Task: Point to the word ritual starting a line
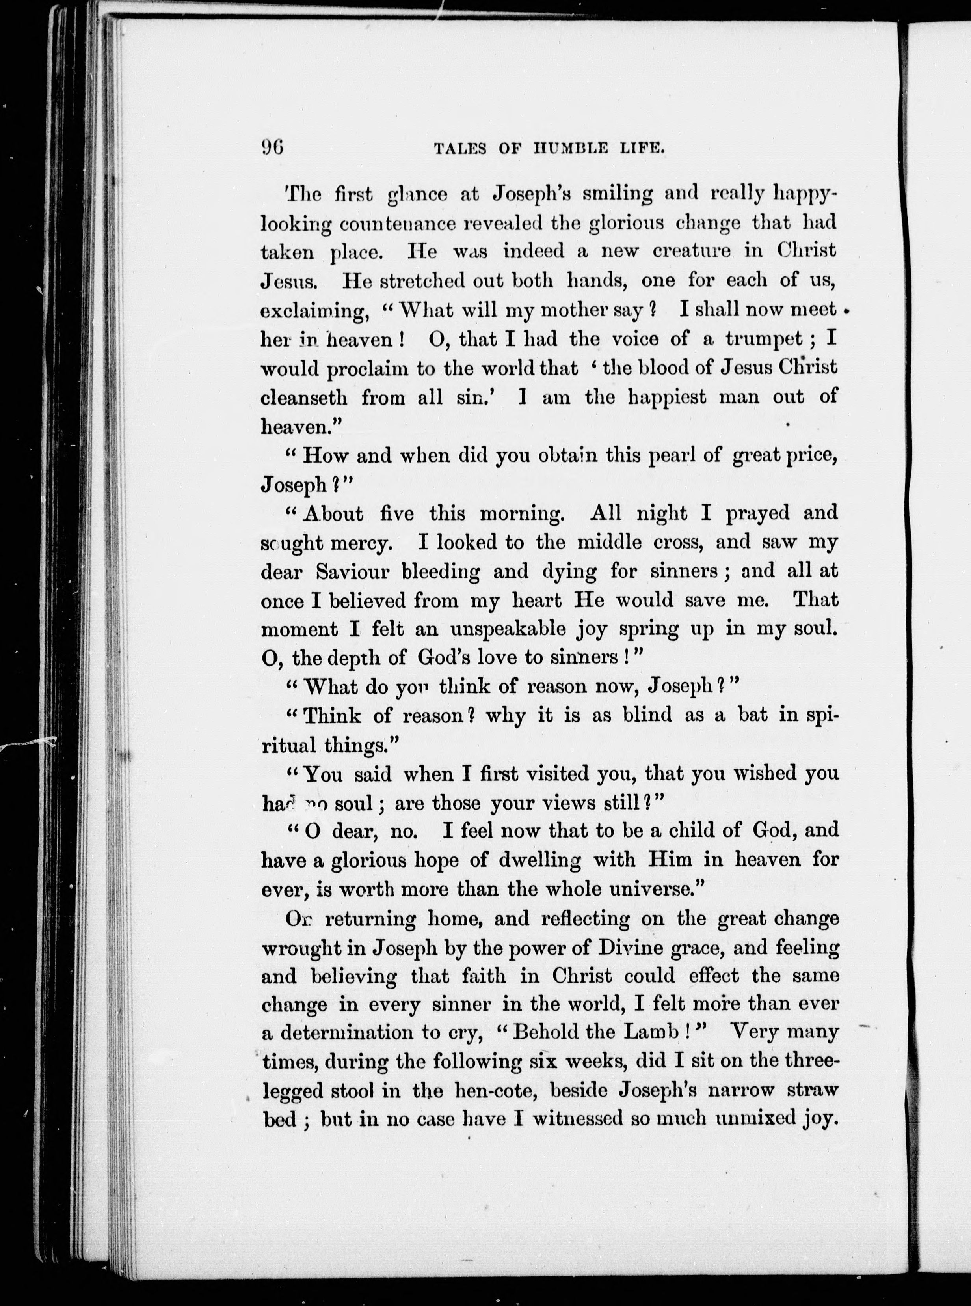(288, 746)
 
